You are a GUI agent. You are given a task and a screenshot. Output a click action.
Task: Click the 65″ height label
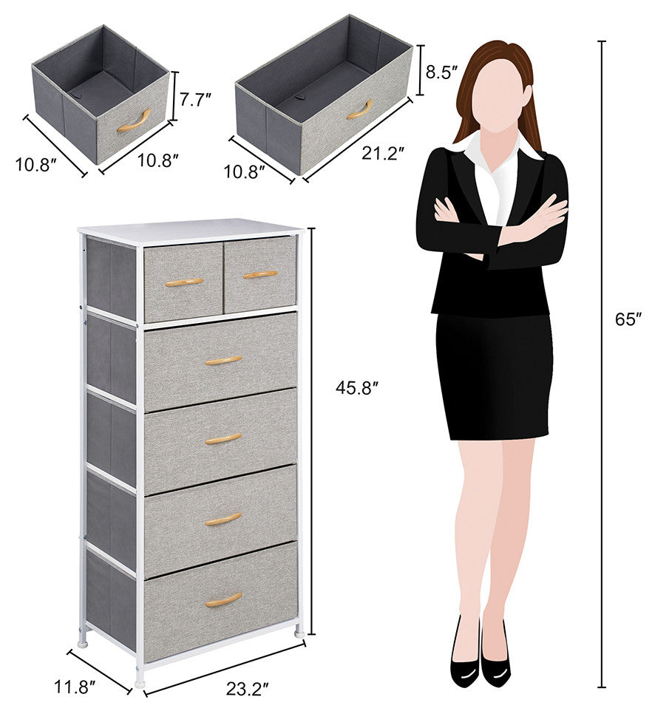pyautogui.click(x=628, y=319)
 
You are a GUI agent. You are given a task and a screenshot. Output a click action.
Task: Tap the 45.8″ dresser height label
pyautogui.click(x=357, y=388)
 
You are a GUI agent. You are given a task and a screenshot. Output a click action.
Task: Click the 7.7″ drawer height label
pyautogui.click(x=196, y=98)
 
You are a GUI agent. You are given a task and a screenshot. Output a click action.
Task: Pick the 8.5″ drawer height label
pyautogui.click(x=441, y=72)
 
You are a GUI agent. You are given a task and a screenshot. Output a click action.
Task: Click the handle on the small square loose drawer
pyautogui.click(x=133, y=121)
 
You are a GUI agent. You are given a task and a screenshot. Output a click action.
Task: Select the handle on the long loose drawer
pyautogui.click(x=360, y=109)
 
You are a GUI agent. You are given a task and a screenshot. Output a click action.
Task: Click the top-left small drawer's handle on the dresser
pyautogui.click(x=183, y=282)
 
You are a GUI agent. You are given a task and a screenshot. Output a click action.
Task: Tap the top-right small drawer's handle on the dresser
pyautogui.click(x=260, y=275)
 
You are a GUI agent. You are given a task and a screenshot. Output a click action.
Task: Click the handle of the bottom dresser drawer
pyautogui.click(x=223, y=599)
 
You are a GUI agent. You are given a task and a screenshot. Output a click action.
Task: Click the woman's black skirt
pyautogui.click(x=495, y=376)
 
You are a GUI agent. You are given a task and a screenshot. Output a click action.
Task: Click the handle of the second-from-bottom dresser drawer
pyautogui.click(x=223, y=519)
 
